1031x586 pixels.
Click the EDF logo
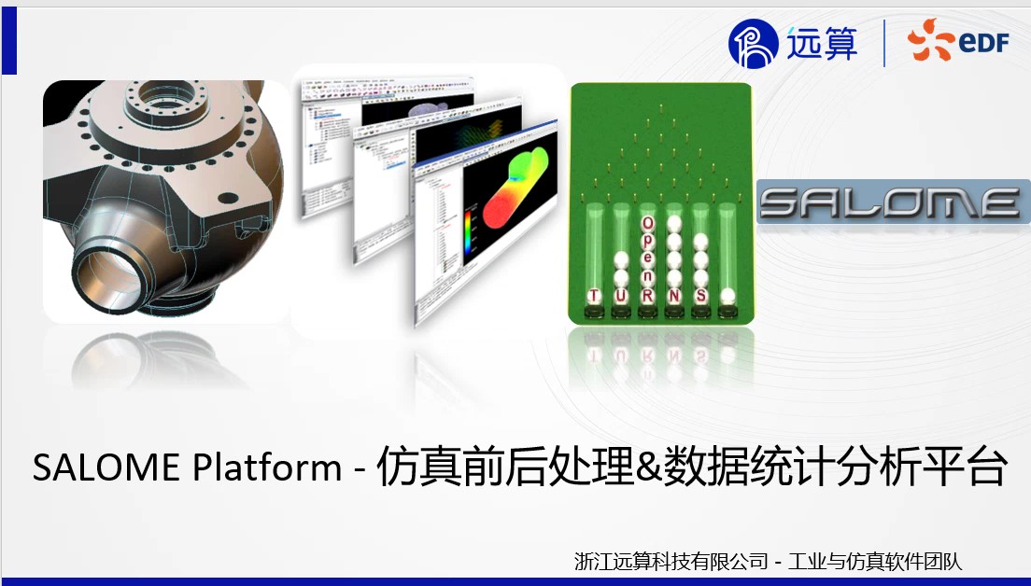[x=958, y=43]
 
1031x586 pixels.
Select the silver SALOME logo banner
[x=891, y=202]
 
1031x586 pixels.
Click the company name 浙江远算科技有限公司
[x=671, y=561]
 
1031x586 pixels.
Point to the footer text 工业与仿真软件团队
[x=875, y=561]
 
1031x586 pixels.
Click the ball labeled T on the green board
[x=593, y=296]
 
